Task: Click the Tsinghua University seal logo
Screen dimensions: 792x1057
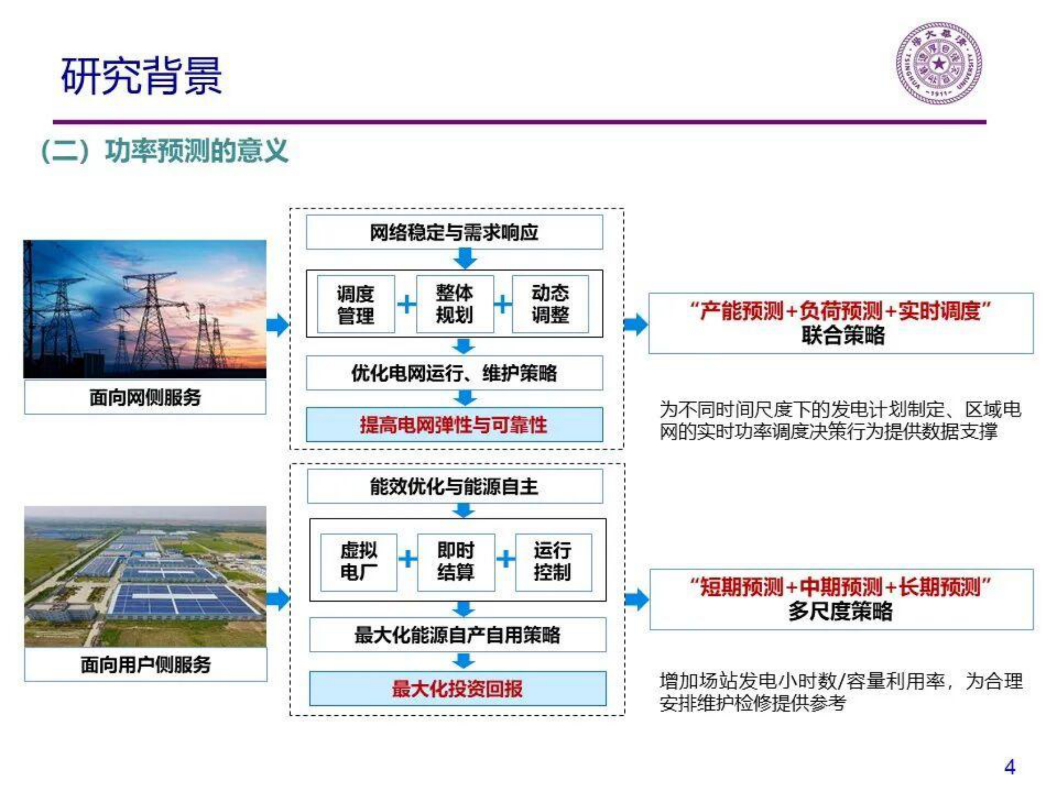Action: (x=938, y=64)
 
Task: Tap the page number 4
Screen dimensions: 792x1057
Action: (x=1009, y=767)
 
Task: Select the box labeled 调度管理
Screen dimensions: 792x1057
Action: (x=355, y=304)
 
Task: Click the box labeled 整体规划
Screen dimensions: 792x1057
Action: (x=454, y=304)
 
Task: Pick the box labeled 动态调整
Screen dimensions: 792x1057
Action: (x=550, y=304)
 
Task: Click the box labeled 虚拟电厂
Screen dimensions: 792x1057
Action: (x=358, y=562)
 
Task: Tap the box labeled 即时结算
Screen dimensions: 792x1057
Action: (x=455, y=562)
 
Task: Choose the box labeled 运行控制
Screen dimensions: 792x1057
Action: (x=553, y=562)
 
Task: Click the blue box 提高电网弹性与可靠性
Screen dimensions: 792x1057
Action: (x=454, y=424)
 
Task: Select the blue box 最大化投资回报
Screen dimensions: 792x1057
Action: (x=457, y=688)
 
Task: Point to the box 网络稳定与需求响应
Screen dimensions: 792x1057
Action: (x=454, y=232)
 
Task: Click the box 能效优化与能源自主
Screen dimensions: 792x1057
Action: (x=454, y=486)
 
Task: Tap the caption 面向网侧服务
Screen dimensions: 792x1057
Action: (x=145, y=398)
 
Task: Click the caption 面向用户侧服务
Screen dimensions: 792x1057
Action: (x=145, y=664)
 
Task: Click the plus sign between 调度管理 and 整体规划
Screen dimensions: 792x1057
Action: (x=406, y=304)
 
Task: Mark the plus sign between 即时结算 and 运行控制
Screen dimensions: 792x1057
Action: (x=506, y=559)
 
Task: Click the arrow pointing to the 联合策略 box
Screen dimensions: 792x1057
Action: (x=636, y=325)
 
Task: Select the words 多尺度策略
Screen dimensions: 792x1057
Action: (x=840, y=611)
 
